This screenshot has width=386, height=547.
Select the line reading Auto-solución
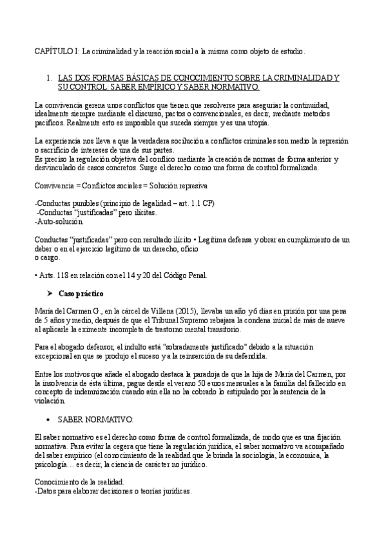pyautogui.click(x=59, y=222)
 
